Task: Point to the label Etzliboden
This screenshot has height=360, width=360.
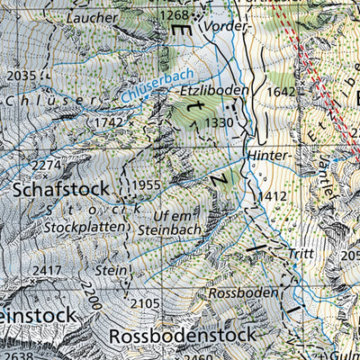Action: [214, 91]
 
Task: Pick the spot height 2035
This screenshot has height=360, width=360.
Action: [20, 76]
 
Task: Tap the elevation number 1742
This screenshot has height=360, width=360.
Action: [110, 121]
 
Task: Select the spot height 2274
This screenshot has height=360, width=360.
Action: [45, 165]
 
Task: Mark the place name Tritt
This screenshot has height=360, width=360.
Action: [301, 255]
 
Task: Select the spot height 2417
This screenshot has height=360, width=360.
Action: [46, 270]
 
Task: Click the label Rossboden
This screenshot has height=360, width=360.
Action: [239, 293]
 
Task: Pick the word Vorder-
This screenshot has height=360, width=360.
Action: [224, 27]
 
